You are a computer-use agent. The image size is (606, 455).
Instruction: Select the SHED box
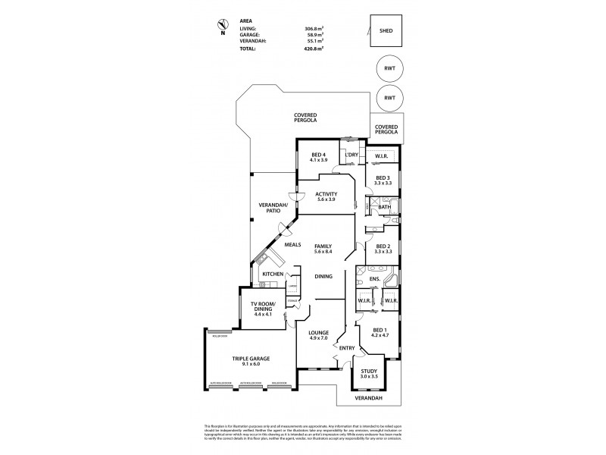[x=386, y=31]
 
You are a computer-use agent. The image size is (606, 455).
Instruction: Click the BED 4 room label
[x=318, y=158]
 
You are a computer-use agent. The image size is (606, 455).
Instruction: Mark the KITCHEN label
[x=272, y=274]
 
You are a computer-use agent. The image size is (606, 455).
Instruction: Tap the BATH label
[x=384, y=207]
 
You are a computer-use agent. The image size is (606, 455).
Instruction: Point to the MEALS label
[x=293, y=244]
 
